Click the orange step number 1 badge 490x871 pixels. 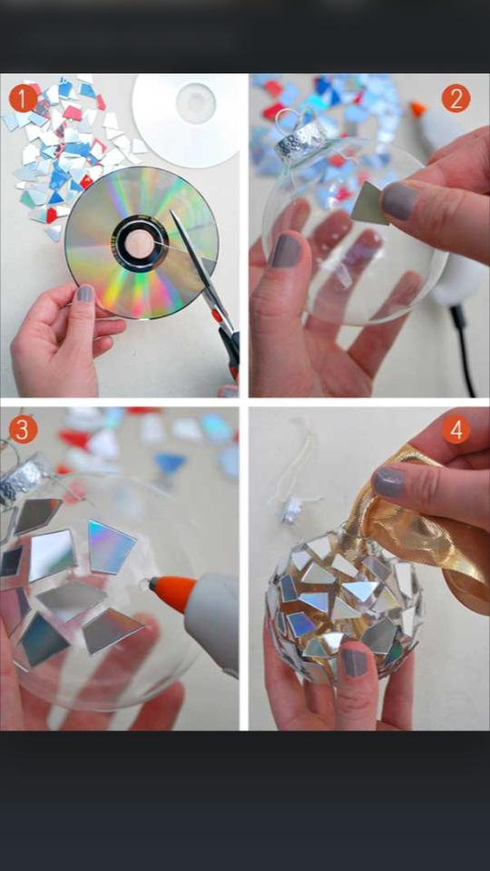point(22,97)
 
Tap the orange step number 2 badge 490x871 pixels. point(456,97)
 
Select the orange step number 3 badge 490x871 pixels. point(22,428)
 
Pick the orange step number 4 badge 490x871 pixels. point(456,428)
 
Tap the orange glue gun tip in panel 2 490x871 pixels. point(417,110)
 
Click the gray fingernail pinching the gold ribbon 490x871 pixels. point(388,484)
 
